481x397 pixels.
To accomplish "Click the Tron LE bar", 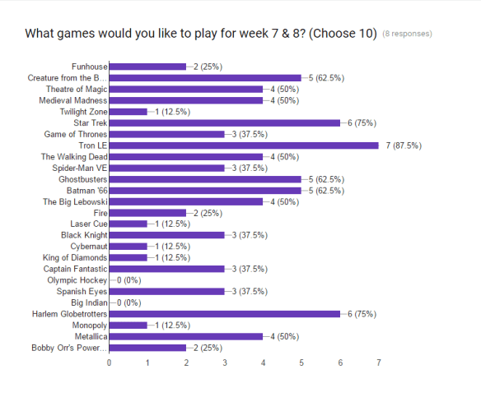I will coord(244,145).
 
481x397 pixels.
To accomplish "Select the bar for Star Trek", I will coord(224,122).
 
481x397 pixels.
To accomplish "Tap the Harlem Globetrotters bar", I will coord(224,313).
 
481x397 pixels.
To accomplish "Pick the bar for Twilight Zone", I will coord(128,112).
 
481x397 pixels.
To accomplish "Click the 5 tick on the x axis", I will coord(301,362).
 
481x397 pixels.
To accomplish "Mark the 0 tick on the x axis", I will coord(109,362).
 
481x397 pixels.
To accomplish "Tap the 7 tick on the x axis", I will coord(379,362).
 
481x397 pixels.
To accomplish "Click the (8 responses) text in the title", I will coord(408,35).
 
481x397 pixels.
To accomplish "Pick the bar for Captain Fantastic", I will coord(166,269).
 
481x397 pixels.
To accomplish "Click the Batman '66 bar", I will coord(205,190).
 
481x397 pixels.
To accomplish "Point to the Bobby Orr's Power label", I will coord(70,347).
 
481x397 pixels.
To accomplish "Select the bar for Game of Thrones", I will coord(166,134).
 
